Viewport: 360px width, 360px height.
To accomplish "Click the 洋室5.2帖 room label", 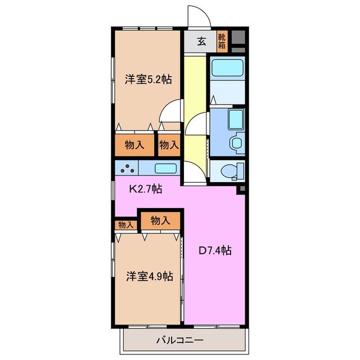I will coord(148,80).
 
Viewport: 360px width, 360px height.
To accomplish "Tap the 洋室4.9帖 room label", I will coord(149,276).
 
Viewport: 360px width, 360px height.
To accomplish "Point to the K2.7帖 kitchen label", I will coord(146,189).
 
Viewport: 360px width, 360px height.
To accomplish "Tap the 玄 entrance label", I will coord(201,41).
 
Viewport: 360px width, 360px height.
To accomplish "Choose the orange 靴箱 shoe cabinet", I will coord(222,41).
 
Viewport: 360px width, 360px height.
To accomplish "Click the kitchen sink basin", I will coord(165,168).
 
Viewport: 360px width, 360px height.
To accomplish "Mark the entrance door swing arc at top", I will coord(198,16).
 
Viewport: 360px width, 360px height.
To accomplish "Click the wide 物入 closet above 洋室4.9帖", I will coord(161,220).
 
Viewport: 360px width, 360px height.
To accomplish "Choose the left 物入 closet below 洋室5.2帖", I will coord(135,145).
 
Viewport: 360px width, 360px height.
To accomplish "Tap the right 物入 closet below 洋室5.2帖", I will coord(169,145).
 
